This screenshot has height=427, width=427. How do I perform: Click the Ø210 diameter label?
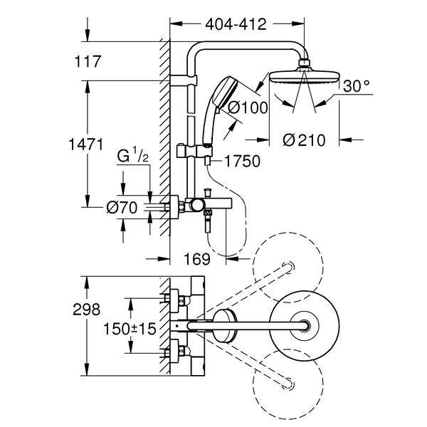tap(303, 140)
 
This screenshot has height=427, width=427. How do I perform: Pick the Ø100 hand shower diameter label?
tap(245, 108)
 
